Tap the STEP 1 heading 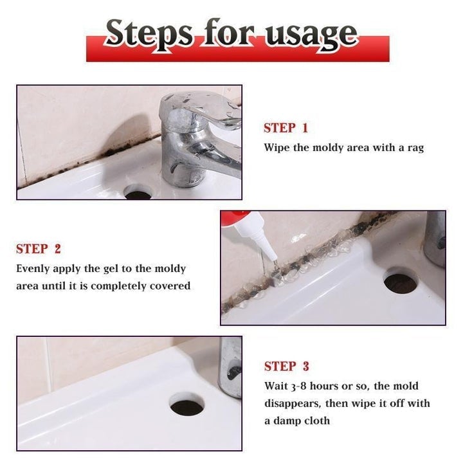(286, 128)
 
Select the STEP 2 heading (39, 249)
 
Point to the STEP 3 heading (286, 367)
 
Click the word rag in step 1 (415, 147)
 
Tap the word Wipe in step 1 (277, 147)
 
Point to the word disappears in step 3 (295, 403)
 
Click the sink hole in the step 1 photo (138, 192)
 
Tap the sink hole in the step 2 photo (400, 281)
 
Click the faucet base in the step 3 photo (230, 373)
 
